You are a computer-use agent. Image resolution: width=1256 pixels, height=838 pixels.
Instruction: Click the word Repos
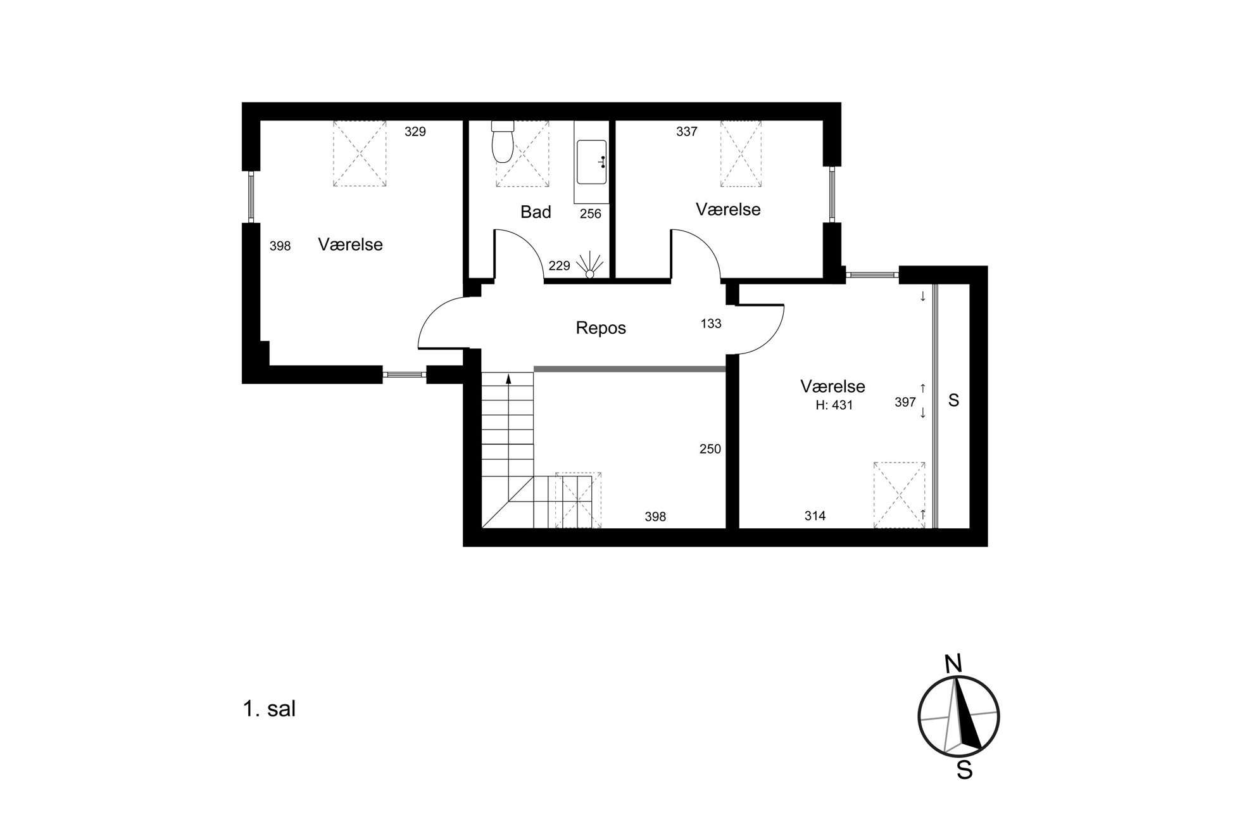point(601,327)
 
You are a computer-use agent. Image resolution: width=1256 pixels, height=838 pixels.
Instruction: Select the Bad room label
point(536,212)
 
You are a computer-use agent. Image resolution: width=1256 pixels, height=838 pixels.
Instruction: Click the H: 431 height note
point(834,405)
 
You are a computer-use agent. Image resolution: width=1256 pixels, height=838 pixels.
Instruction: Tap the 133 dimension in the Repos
point(711,324)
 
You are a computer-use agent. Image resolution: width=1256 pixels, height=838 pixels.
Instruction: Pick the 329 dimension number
point(415,132)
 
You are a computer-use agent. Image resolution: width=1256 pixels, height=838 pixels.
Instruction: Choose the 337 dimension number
point(687,132)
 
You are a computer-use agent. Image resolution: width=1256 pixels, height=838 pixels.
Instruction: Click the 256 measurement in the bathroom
point(591,214)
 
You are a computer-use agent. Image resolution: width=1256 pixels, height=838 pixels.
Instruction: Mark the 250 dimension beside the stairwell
point(710,449)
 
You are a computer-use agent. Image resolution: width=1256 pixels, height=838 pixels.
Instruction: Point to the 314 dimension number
point(815,516)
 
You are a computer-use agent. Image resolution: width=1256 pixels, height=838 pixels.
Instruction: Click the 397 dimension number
point(905,402)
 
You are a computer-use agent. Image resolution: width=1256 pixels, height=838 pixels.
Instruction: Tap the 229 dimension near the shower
point(560,266)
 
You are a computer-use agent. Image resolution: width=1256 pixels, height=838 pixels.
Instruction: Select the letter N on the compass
point(953,664)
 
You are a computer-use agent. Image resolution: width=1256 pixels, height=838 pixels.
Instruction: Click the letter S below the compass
point(965,770)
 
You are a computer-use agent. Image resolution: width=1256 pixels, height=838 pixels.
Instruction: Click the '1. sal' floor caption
point(269,709)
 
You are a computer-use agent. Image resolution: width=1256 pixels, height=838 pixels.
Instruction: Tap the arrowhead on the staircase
point(508,379)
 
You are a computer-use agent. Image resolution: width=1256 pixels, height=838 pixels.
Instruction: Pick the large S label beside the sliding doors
point(953,400)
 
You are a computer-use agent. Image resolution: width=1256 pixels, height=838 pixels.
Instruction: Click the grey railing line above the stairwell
point(629,368)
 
